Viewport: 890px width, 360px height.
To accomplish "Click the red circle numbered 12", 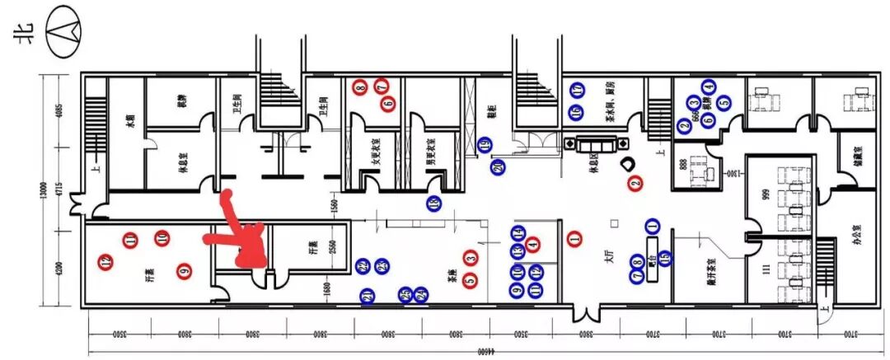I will pyautogui.click(x=105, y=262).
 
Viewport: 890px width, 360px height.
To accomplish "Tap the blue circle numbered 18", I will pyautogui.click(x=434, y=203).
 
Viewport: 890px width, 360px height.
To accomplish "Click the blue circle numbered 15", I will pyautogui.click(x=664, y=258).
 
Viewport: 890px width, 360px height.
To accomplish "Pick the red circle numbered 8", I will pyautogui.click(x=360, y=86).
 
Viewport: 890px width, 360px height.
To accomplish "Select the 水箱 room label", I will pyautogui.click(x=129, y=124).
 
